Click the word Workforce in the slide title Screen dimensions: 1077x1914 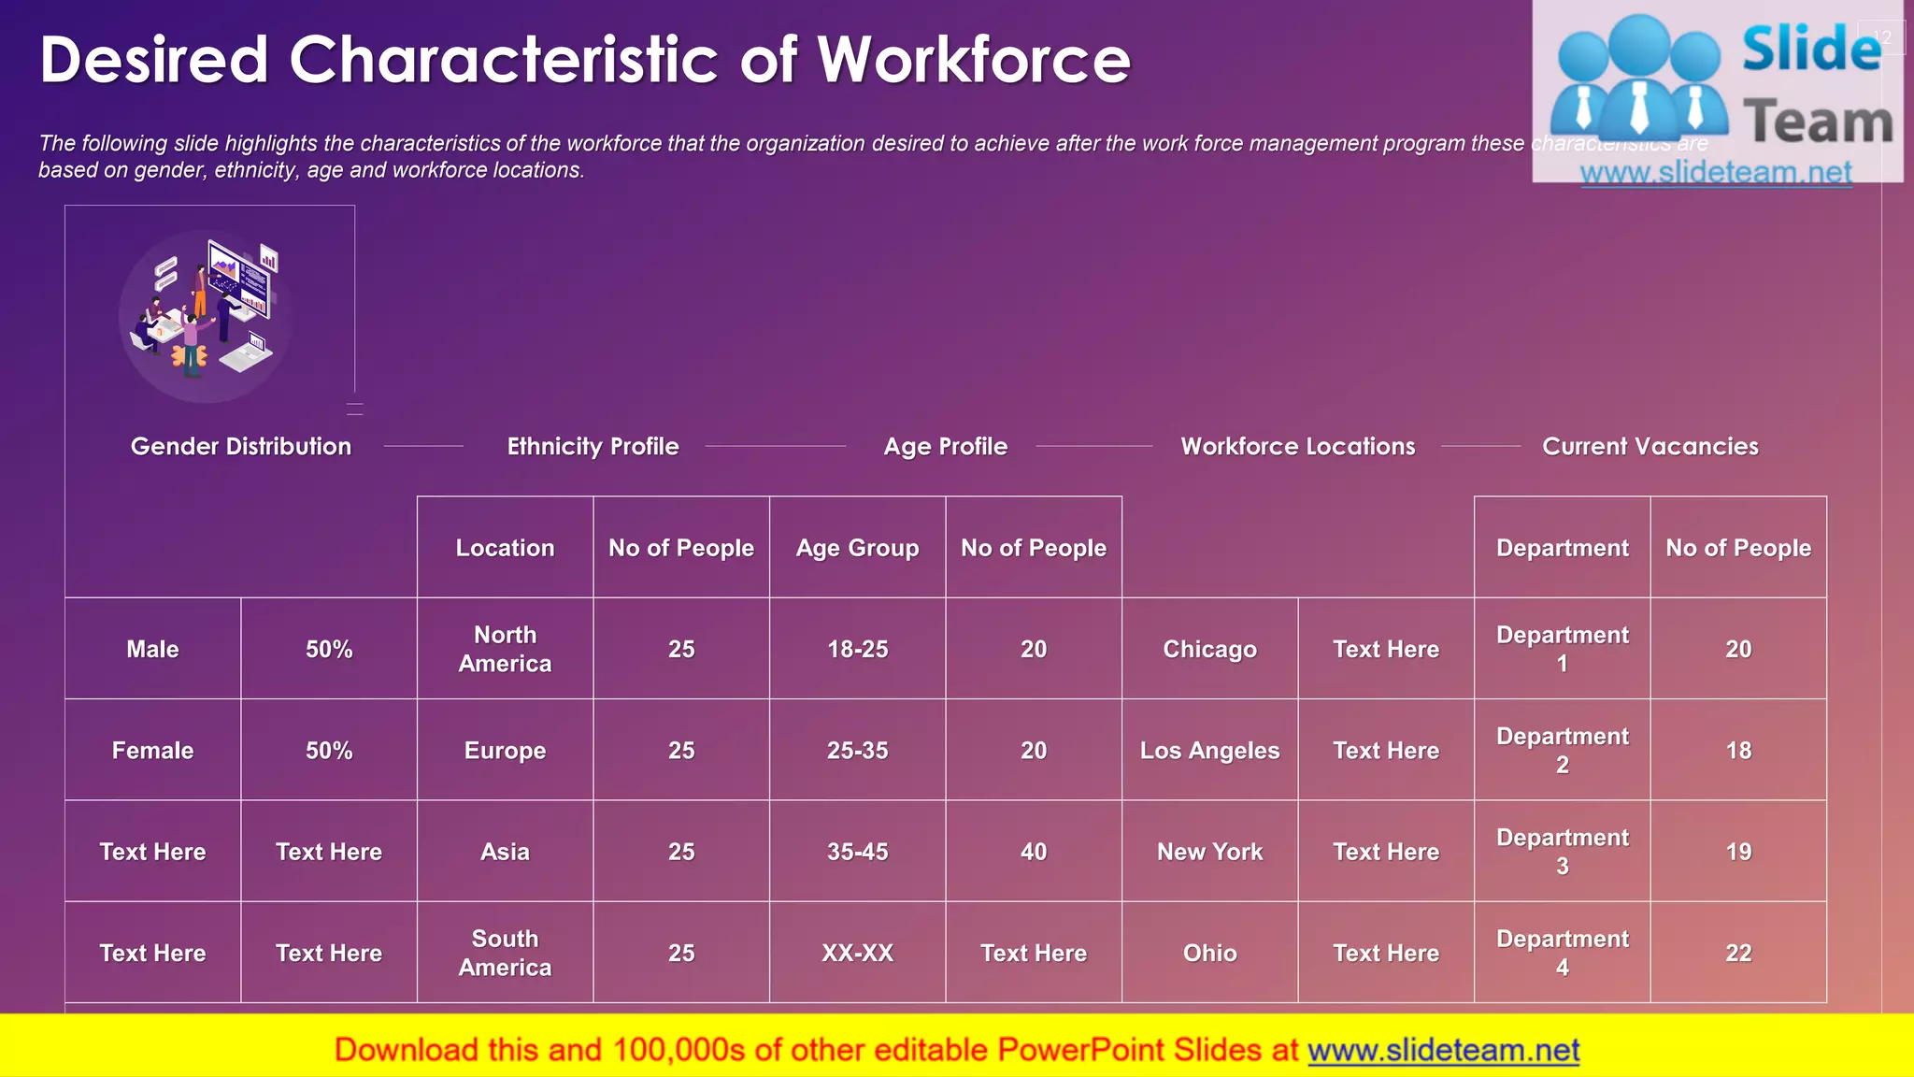click(x=974, y=60)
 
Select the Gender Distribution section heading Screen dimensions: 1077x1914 click(x=241, y=447)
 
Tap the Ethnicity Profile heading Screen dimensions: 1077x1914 click(x=593, y=447)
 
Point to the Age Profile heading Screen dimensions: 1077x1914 click(x=945, y=447)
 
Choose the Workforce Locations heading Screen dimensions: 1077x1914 click(x=1297, y=447)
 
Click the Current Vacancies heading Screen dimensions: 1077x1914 click(x=1650, y=447)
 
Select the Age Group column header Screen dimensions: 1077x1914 click(x=857, y=548)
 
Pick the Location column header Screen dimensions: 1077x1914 click(x=505, y=548)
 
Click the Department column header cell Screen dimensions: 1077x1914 click(x=1562, y=548)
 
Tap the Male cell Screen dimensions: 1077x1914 click(x=152, y=649)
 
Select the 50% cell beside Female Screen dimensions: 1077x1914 click(x=329, y=751)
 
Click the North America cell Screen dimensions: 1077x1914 click(x=505, y=649)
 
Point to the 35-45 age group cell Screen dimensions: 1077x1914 click(x=857, y=852)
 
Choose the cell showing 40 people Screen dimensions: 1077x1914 click(x=1033, y=852)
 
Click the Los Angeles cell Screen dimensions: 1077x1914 click(x=1209, y=751)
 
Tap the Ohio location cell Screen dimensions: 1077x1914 click(x=1209, y=953)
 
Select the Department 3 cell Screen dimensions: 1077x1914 click(x=1562, y=852)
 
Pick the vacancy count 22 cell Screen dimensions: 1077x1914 click(x=1738, y=953)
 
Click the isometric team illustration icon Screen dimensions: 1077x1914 click(x=206, y=313)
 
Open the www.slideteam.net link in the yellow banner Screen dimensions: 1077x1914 click(x=1443, y=1050)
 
